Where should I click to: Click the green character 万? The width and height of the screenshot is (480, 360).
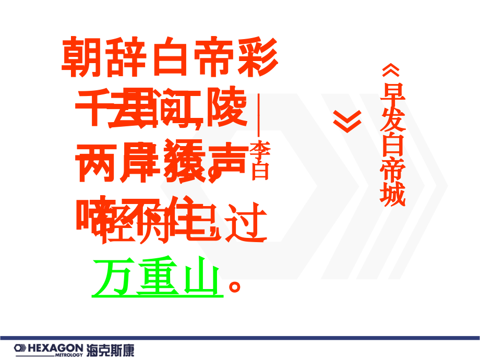tap(112, 277)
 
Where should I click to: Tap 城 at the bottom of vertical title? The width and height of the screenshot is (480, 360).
tap(392, 196)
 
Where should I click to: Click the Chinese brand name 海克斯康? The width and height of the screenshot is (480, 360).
tap(110, 349)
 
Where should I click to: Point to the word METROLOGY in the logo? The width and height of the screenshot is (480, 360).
tap(69, 355)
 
